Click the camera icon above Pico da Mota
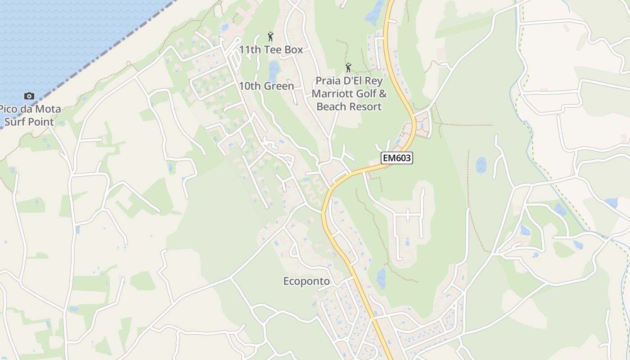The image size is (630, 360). coord(29,96)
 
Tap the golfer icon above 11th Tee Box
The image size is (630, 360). coord(270,36)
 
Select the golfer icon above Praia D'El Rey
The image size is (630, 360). coord(348,68)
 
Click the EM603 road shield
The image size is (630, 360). coord(397,158)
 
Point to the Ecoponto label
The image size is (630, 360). coord(306,281)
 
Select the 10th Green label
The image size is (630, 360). coord(266,86)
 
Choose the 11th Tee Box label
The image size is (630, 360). coord(271,49)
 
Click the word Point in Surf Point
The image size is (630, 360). coord(42,121)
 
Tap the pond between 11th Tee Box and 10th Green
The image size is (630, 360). coord(273,69)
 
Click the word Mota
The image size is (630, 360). coord(49,109)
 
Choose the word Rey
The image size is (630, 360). coord(374,81)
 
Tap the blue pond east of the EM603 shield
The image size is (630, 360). coord(481,165)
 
